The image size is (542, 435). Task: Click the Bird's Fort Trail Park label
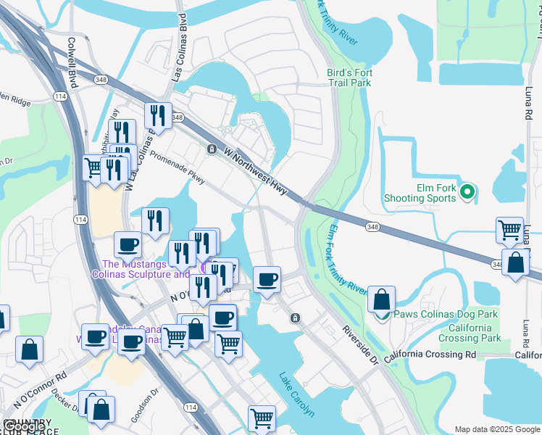(x=349, y=78)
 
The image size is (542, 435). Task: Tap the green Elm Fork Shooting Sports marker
(x=467, y=191)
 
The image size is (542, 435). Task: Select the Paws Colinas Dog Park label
(x=446, y=315)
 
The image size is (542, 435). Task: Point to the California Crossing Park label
(x=470, y=333)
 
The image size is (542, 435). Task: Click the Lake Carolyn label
(x=297, y=394)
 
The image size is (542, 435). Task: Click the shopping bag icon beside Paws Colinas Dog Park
(x=381, y=299)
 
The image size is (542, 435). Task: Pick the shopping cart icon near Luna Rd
(x=510, y=231)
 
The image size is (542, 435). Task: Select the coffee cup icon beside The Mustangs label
(x=128, y=245)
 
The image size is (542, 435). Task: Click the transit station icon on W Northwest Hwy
(x=211, y=149)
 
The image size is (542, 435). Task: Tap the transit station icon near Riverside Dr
(x=295, y=318)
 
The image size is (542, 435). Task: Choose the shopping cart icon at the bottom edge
(x=262, y=418)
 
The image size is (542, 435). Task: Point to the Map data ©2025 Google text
(x=497, y=429)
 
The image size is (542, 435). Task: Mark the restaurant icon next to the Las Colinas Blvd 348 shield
(x=157, y=115)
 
